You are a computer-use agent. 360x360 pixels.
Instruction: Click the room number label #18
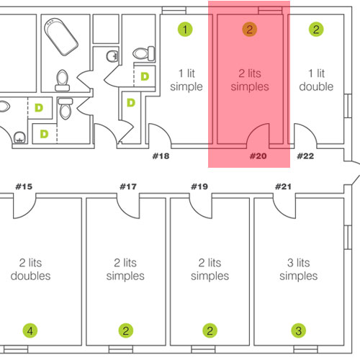pyautogui.click(x=161, y=156)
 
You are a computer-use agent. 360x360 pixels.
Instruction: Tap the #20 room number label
pyautogui.click(x=258, y=156)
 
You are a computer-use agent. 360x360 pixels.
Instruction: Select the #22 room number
pyautogui.click(x=305, y=156)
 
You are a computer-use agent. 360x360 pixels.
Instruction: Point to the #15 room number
pyautogui.click(x=24, y=186)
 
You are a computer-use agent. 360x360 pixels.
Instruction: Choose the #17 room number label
pyautogui.click(x=128, y=186)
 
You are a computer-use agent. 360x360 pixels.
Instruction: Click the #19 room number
pyautogui.click(x=199, y=186)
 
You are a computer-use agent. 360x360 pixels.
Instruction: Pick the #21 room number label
pyautogui.click(x=283, y=186)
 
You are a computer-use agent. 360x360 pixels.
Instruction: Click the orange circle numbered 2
pyautogui.click(x=250, y=30)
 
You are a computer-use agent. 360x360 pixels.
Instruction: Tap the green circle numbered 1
pyautogui.click(x=185, y=30)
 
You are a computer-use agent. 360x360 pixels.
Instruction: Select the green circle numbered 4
pyautogui.click(x=30, y=330)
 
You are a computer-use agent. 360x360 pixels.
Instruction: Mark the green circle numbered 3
pyautogui.click(x=299, y=330)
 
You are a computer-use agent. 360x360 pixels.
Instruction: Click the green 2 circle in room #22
pyautogui.click(x=316, y=30)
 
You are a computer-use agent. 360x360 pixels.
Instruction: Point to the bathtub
pyautogui.click(x=61, y=37)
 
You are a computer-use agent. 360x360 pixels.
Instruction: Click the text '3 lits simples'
pyautogui.click(x=299, y=269)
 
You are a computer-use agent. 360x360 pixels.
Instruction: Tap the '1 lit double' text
pyautogui.click(x=316, y=80)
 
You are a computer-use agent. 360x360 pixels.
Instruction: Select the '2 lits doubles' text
pyautogui.click(x=30, y=269)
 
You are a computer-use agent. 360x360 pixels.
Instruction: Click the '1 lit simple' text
pyautogui.click(x=186, y=80)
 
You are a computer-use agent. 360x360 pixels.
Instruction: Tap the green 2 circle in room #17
pyautogui.click(x=126, y=330)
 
